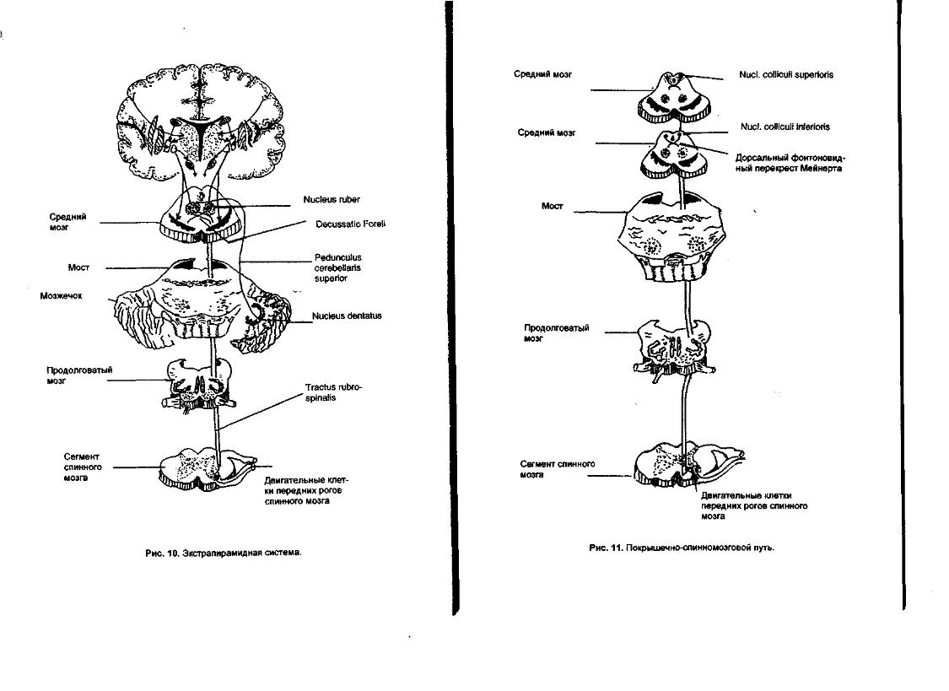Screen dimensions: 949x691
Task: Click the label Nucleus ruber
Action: point(332,199)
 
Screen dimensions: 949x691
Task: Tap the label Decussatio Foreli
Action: point(350,224)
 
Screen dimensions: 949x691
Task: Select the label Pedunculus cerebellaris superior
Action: point(337,267)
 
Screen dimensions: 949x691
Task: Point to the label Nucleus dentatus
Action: point(347,316)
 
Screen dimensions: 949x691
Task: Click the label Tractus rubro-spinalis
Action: point(333,392)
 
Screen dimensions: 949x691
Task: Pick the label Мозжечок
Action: point(61,296)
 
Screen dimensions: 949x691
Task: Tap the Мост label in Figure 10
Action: point(78,267)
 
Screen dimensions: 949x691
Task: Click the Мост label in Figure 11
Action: point(552,206)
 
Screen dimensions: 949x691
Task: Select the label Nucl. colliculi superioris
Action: point(786,74)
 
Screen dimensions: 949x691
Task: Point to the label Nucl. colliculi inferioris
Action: point(785,127)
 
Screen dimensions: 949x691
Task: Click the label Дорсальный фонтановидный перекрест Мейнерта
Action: point(789,163)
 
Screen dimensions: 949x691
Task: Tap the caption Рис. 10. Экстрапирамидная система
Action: point(224,553)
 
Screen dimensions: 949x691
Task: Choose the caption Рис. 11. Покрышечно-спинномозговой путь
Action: point(682,548)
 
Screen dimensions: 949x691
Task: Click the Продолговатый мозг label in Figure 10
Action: point(79,375)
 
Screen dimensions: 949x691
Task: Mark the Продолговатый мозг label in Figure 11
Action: point(556,332)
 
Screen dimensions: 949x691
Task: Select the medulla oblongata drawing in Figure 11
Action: point(675,350)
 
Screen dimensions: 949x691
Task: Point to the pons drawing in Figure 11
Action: point(671,238)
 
